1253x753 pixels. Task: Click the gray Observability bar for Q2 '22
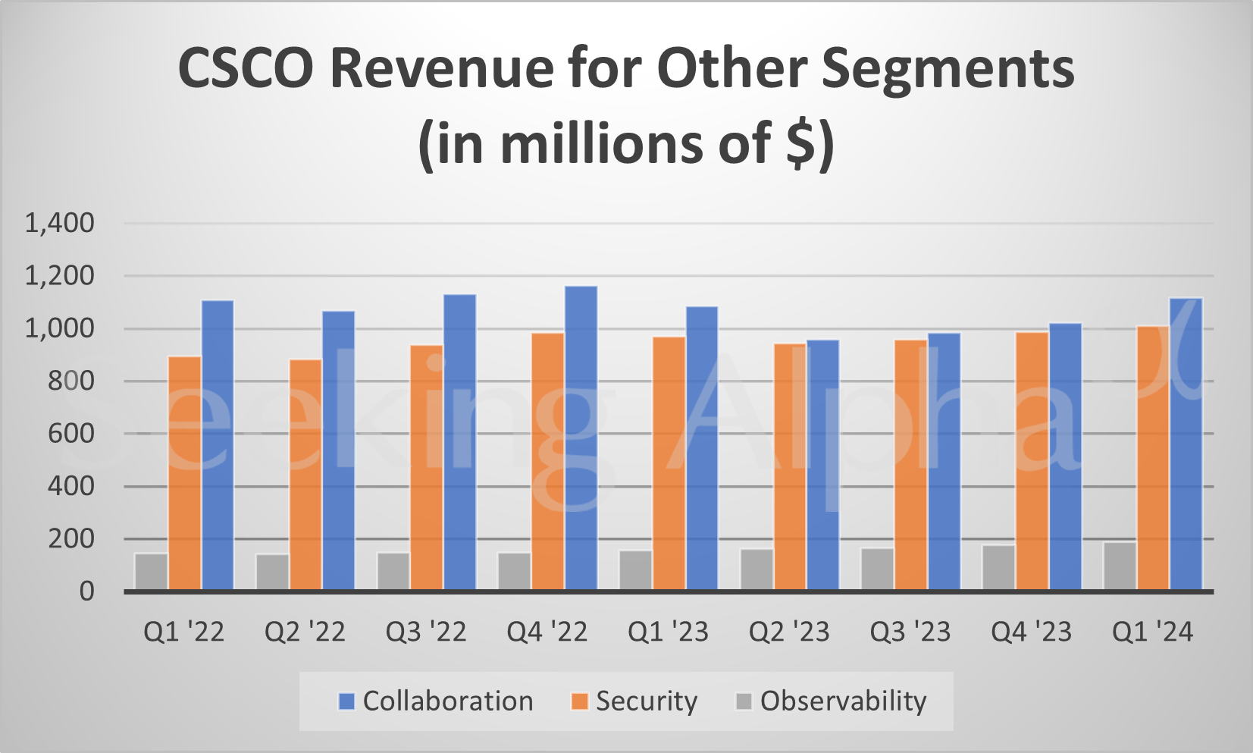[x=273, y=572]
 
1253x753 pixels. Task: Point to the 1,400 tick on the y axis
[x=60, y=223]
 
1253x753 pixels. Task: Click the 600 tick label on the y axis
[x=71, y=434]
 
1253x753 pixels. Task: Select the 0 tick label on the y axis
[x=86, y=591]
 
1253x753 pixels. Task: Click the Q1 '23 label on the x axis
[x=668, y=632]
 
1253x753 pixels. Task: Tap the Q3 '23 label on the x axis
[x=910, y=632]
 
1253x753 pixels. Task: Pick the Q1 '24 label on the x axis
[x=1152, y=632]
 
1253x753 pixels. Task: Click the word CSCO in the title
[x=245, y=68]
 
